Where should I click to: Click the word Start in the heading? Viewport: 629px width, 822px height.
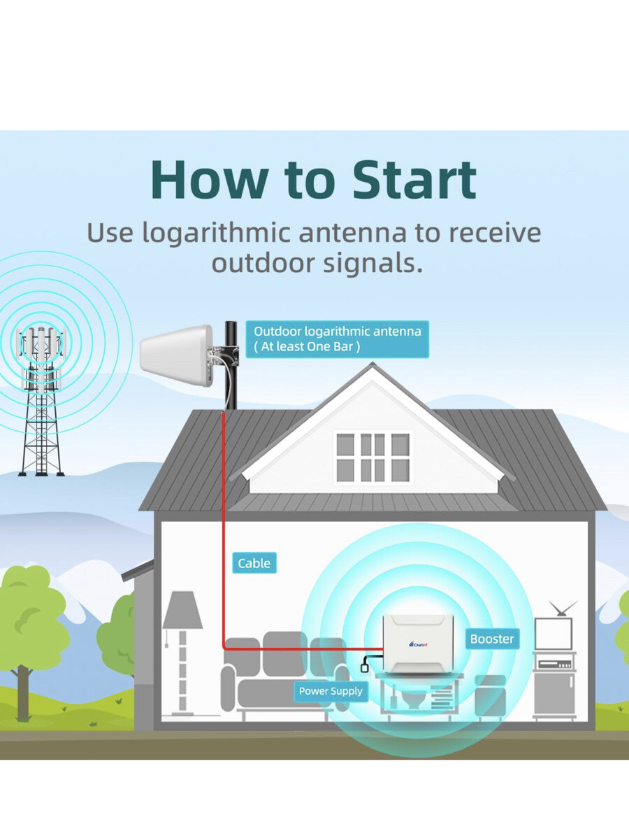[414, 181]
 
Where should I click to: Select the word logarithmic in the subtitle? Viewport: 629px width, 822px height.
[218, 233]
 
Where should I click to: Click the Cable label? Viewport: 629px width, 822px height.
[254, 563]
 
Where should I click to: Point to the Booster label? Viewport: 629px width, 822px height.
[492, 639]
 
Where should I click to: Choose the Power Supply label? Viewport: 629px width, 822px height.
[331, 691]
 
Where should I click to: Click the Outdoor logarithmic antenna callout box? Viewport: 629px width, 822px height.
[337, 339]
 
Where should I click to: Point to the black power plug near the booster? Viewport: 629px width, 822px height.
[364, 668]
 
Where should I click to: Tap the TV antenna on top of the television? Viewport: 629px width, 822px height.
[563, 607]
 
